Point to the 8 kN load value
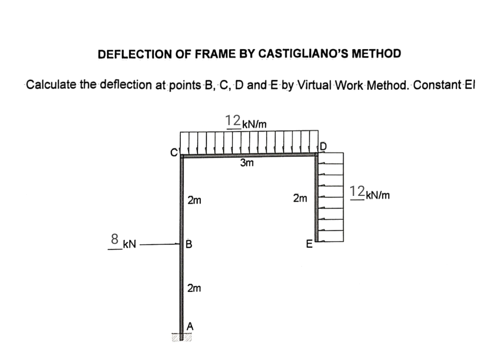point(115,239)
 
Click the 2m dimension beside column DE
point(300,199)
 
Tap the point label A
point(190,325)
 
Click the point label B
point(189,245)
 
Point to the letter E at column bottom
point(310,245)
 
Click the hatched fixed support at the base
point(182,337)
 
